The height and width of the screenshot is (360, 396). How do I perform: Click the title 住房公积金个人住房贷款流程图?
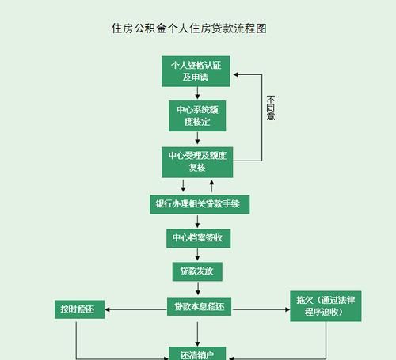188,28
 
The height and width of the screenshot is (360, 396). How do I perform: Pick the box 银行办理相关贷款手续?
200,204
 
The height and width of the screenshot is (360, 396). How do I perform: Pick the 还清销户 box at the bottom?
198,354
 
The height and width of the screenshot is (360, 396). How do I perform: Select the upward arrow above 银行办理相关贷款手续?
211,187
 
